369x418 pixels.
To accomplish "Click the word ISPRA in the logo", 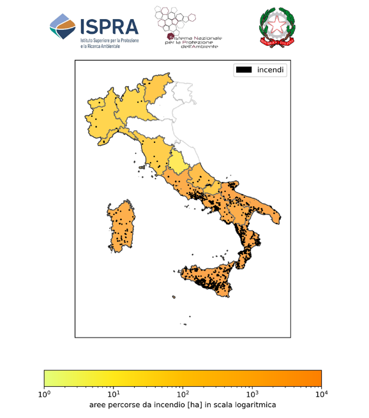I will pyautogui.click(x=109, y=26).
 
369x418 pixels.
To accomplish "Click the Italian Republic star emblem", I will pyautogui.click(x=278, y=27).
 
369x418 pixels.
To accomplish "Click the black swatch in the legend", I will pyautogui.click(x=244, y=70).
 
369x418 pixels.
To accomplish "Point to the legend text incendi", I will pyautogui.click(x=271, y=70).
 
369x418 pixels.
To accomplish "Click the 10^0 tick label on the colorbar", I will pyautogui.click(x=44, y=394).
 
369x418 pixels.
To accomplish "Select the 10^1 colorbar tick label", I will pyautogui.click(x=114, y=394).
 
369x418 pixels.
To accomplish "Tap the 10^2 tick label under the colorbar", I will pyautogui.click(x=183, y=394).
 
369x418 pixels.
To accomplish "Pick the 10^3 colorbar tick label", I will pyautogui.click(x=252, y=394).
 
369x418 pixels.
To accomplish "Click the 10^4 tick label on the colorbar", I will pyautogui.click(x=321, y=394).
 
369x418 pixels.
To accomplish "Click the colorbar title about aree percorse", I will pyautogui.click(x=183, y=405).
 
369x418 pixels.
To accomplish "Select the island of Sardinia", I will pyautogui.click(x=121, y=227).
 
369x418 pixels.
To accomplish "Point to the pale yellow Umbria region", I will pyautogui.click(x=181, y=160).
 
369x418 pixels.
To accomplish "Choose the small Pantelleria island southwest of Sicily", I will pyautogui.click(x=173, y=296).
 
